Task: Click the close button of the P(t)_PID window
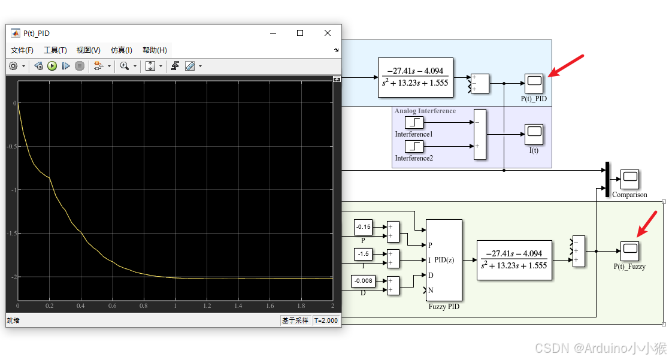327,33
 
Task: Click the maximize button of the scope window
300,33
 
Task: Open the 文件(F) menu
22,50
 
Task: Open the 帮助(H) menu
155,50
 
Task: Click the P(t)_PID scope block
534,83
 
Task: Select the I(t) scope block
534,134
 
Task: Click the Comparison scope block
629,179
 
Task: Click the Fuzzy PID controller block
444,260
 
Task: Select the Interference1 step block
414,123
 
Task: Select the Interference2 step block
414,147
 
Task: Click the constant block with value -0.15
363,227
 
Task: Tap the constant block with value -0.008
363,281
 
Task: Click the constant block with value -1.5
363,254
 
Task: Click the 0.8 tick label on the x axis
143,306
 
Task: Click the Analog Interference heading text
425,111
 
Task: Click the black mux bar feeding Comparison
607,178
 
